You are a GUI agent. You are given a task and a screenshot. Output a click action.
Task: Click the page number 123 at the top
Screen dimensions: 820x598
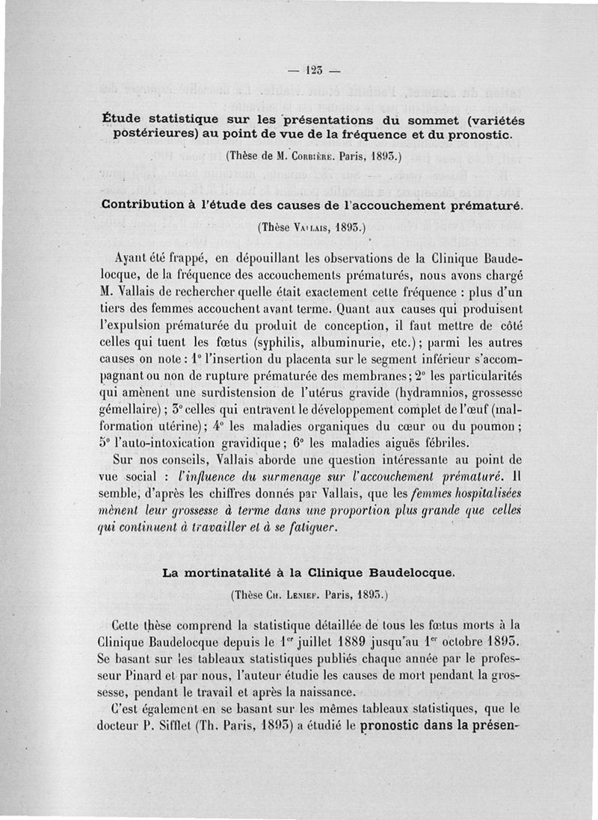312,73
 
